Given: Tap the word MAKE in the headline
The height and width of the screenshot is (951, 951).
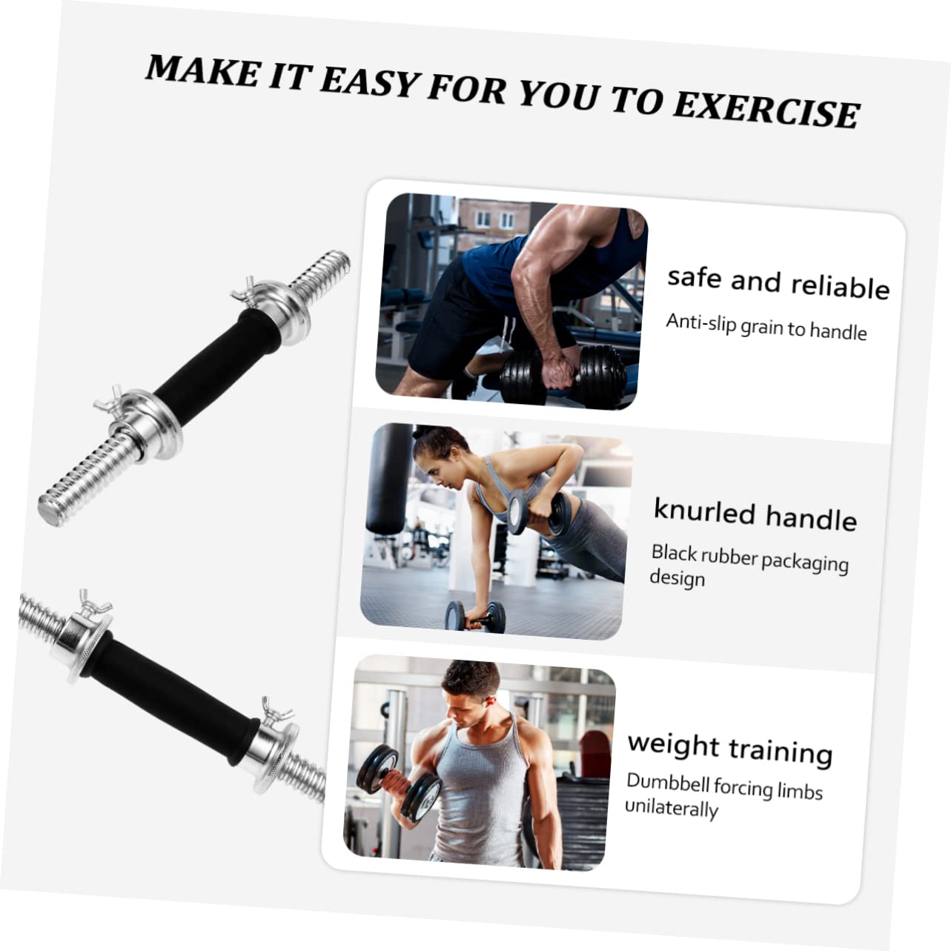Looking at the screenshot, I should (202, 70).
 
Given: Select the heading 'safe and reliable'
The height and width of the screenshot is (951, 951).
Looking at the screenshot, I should (778, 282).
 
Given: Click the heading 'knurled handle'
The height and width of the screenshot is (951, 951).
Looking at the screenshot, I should (755, 514).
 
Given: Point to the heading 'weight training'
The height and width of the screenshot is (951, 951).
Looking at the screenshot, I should (729, 747).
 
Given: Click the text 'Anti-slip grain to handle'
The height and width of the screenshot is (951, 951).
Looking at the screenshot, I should (766, 325).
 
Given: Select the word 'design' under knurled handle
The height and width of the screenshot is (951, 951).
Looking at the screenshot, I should (677, 577).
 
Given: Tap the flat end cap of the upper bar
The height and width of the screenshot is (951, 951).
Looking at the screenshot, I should (49, 512).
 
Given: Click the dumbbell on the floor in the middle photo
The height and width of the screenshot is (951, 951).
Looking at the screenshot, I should (474, 615).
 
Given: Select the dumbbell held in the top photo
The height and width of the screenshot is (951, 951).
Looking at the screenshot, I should (563, 376).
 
